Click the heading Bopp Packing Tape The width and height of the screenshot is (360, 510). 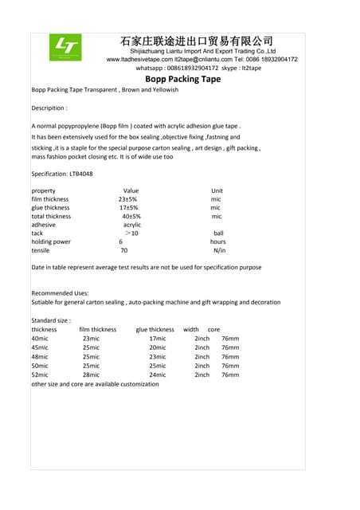(183, 79)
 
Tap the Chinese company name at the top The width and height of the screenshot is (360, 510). (196, 40)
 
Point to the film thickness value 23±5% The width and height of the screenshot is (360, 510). (127, 199)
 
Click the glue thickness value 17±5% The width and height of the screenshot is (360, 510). (129, 208)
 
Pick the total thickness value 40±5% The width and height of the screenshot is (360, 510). (131, 216)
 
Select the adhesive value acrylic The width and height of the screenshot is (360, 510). (132, 225)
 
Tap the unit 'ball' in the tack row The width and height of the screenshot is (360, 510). (218, 233)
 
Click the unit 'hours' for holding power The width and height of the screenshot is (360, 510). (218, 241)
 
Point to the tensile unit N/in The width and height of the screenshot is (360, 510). (220, 250)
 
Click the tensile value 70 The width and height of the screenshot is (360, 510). (123, 250)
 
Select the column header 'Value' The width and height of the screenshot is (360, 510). (131, 191)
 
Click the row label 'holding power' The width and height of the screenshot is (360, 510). (51, 241)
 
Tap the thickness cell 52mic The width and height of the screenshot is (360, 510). (40, 375)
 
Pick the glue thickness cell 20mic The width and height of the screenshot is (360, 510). (158, 347)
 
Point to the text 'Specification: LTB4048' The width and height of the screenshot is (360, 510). (62, 173)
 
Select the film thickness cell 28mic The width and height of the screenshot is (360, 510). (91, 375)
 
